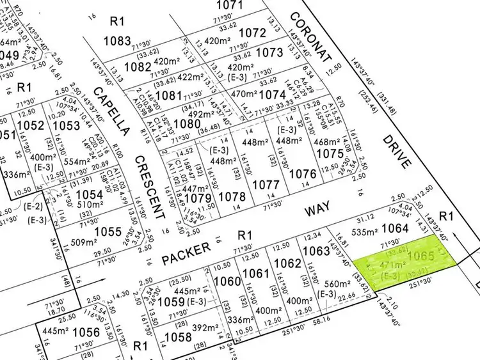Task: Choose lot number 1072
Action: tap(252, 33)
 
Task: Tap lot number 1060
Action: tap(227, 281)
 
